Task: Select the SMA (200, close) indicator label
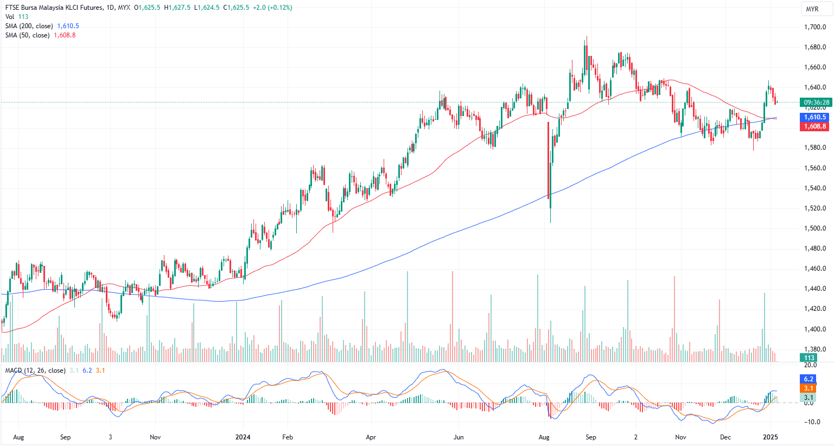pos(29,26)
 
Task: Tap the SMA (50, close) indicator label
pos(27,35)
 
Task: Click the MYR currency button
pos(812,9)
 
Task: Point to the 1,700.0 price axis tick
pos(815,27)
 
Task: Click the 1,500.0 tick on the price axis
pos(815,228)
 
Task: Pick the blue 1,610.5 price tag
pos(815,117)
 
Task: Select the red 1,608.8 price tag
pos(815,126)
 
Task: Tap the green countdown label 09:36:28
pos(816,103)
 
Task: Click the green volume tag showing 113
pos(810,357)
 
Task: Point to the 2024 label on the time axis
pos(243,437)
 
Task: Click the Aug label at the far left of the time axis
pos(18,437)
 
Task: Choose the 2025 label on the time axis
pos(771,437)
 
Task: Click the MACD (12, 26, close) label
pos(35,371)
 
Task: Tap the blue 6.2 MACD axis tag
pos(808,379)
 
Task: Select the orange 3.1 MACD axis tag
pos(808,388)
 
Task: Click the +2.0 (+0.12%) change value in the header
pos(272,8)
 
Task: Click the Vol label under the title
pos(10,17)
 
